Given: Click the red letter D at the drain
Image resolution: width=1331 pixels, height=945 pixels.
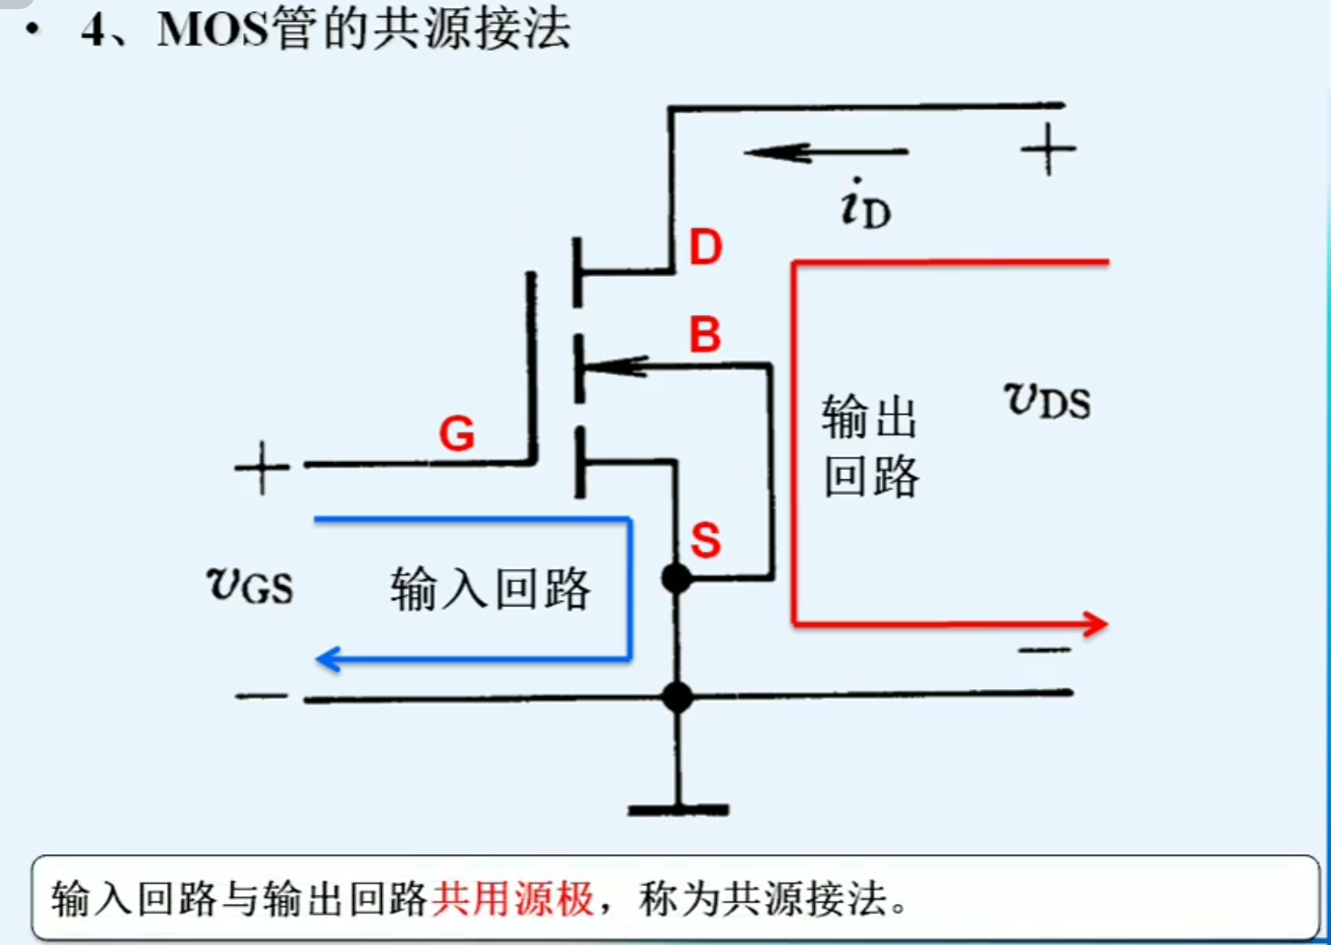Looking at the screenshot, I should coord(706,247).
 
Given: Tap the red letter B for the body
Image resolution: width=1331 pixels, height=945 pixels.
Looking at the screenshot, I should coord(705,335).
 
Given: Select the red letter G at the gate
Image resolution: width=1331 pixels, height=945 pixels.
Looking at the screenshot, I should coord(456,434).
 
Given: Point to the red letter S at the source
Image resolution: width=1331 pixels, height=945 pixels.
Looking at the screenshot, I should coord(705,541).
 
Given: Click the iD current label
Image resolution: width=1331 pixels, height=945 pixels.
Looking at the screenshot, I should coord(865,205).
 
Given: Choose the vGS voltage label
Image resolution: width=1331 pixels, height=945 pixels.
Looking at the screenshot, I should coord(250,586).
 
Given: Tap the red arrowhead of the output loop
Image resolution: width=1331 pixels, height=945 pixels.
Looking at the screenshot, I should coord(1094,624).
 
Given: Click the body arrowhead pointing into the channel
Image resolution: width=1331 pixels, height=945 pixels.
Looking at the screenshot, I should coord(617,367).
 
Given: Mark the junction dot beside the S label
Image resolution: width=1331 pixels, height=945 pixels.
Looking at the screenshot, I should coord(677,577).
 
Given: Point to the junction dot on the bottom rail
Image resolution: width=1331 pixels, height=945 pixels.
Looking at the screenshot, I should coord(677,697).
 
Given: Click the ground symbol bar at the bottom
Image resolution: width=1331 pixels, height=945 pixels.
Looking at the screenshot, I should coord(678,810).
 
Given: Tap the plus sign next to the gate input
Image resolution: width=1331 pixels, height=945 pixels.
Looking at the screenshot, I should coord(261,468).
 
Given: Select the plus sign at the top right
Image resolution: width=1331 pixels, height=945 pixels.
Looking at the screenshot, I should coord(1048,149).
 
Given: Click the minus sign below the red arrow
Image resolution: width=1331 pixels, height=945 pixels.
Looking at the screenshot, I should coord(1044,650).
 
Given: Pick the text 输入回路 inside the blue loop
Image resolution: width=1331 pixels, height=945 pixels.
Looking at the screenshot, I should coord(490,589).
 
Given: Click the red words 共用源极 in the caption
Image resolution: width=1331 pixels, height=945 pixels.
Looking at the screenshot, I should coord(513,900).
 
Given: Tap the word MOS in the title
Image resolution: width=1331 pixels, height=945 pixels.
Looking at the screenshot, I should coord(213,29).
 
